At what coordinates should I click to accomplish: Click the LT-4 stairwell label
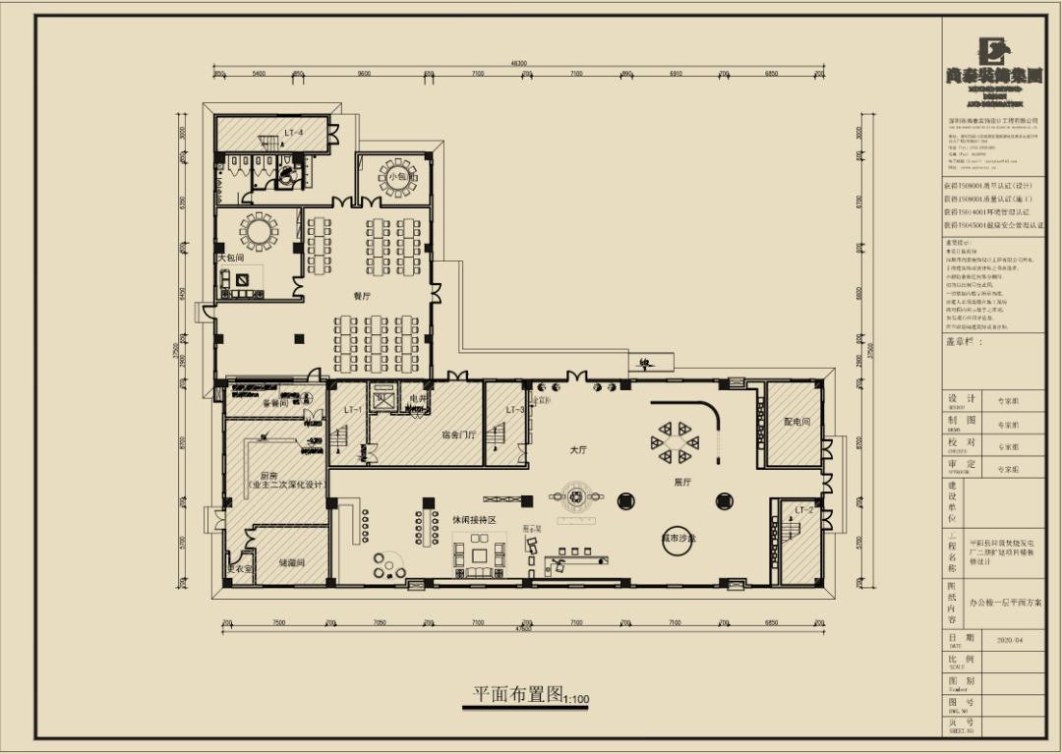tap(294, 132)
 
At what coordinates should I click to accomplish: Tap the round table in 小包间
tap(398, 177)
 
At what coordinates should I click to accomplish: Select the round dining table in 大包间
tap(260, 231)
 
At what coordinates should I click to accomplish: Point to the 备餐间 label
tap(274, 403)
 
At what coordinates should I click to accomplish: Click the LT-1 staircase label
tap(352, 410)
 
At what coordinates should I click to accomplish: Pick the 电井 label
tap(418, 399)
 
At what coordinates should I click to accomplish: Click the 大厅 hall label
tap(578, 449)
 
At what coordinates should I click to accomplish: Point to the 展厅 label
tap(682, 483)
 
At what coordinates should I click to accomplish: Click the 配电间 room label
tap(796, 422)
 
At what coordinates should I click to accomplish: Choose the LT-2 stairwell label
tap(803, 510)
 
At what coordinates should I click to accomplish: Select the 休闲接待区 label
tap(473, 518)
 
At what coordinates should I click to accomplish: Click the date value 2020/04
tap(1010, 639)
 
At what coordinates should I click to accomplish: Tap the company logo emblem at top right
tap(990, 51)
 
